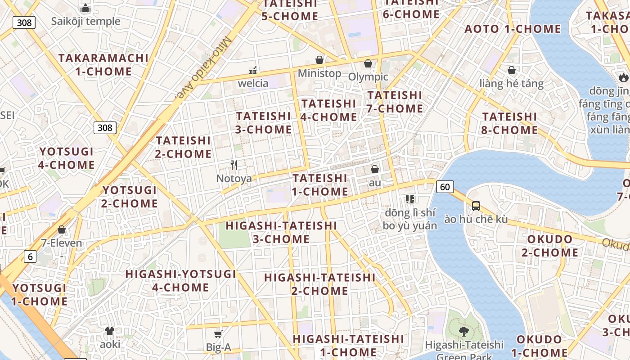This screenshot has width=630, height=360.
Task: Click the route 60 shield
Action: coord(445,186)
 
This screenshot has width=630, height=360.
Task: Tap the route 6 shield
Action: coord(30,257)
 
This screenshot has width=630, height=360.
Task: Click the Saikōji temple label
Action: coord(85,21)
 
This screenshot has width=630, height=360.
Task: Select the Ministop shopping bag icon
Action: coord(319,60)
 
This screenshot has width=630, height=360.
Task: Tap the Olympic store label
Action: coord(368,77)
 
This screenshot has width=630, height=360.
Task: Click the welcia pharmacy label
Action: coord(253,83)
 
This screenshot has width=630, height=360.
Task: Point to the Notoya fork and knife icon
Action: coord(234,165)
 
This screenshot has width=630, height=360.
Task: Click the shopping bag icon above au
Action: coord(374,169)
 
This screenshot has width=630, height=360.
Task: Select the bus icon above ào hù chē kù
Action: coord(476,206)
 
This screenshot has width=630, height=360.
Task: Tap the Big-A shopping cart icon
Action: coord(218,334)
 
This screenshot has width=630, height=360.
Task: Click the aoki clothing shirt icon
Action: coord(110,331)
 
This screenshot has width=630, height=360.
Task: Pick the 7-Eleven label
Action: coord(62,243)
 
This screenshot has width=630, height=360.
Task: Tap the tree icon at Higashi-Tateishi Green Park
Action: coord(463,332)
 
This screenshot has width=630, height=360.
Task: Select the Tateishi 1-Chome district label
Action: coord(320,185)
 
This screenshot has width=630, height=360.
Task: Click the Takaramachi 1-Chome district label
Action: coord(103,65)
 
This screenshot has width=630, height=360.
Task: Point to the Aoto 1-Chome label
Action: coord(513,29)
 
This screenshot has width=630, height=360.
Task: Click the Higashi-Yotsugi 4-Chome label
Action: coord(181,281)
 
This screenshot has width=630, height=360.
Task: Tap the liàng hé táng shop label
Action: coord(511,84)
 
